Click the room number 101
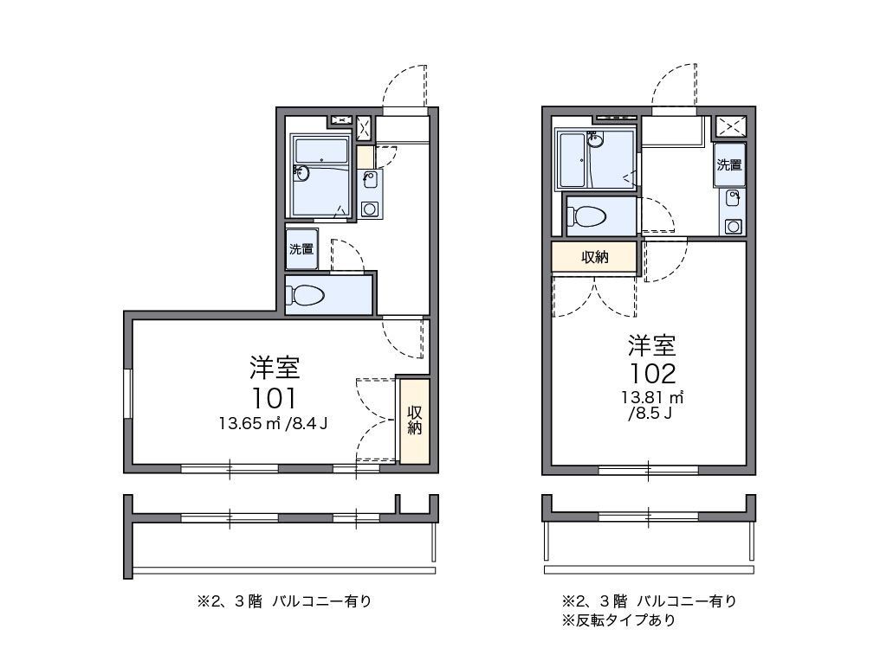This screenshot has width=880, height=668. (x=275, y=398)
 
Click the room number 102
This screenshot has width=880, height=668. (x=652, y=374)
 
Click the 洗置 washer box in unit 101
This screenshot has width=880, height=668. (x=301, y=249)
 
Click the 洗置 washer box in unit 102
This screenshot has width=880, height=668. (x=729, y=165)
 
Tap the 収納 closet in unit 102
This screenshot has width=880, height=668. (x=594, y=257)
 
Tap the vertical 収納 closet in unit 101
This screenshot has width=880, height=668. (x=414, y=420)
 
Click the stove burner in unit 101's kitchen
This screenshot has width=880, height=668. (x=370, y=209)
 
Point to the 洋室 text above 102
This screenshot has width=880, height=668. (x=652, y=346)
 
